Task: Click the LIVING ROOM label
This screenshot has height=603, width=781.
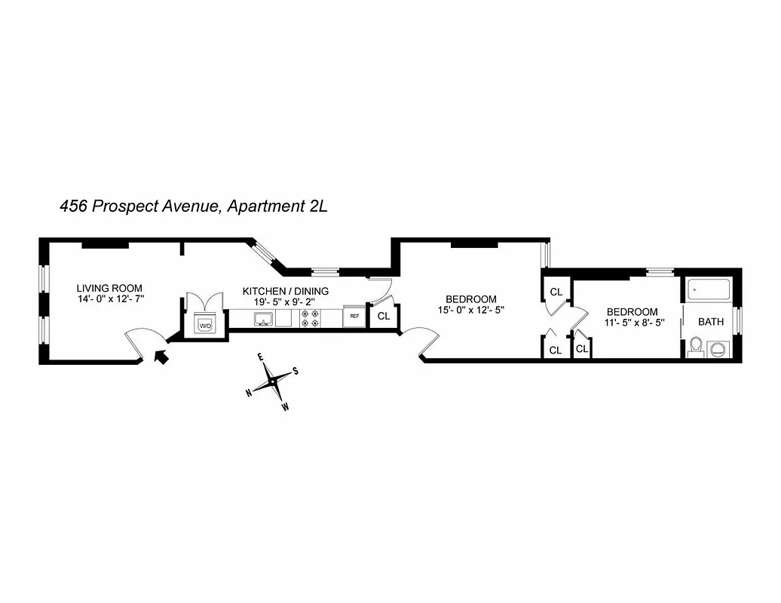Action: point(109,288)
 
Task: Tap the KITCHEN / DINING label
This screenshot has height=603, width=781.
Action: point(285,291)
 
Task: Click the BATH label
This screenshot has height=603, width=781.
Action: point(710,322)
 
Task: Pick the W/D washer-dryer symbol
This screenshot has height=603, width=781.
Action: point(205,326)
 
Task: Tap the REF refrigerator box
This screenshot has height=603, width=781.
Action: point(354,317)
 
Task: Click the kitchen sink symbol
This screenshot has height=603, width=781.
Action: point(262,320)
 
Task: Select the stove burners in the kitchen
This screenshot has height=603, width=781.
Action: point(310,318)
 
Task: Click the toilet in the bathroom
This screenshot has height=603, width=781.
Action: point(696,347)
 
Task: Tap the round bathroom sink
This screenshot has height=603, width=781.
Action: point(718,349)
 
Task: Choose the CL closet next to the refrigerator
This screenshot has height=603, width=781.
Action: point(384,316)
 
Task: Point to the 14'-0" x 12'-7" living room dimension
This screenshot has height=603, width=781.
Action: point(110,299)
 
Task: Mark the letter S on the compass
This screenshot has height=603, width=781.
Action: point(296,370)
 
